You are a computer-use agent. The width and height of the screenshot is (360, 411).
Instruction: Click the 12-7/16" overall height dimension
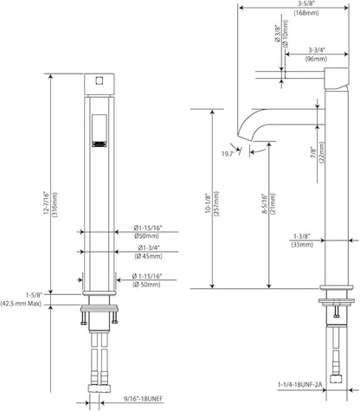46,204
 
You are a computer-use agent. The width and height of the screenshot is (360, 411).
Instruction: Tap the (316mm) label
55,204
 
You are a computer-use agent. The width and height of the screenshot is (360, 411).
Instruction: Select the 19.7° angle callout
228,154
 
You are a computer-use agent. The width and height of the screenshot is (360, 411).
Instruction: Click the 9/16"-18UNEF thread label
144,399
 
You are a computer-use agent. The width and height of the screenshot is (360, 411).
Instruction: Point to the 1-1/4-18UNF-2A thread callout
300,384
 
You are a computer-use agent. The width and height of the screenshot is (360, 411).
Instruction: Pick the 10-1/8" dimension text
209,203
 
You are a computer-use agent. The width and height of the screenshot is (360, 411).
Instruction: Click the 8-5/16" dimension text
264,203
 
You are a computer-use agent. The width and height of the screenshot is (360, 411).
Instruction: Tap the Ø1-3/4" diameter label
149,247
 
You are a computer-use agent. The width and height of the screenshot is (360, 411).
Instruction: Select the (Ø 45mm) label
148,256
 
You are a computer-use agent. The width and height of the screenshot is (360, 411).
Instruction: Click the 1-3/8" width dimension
302,236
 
